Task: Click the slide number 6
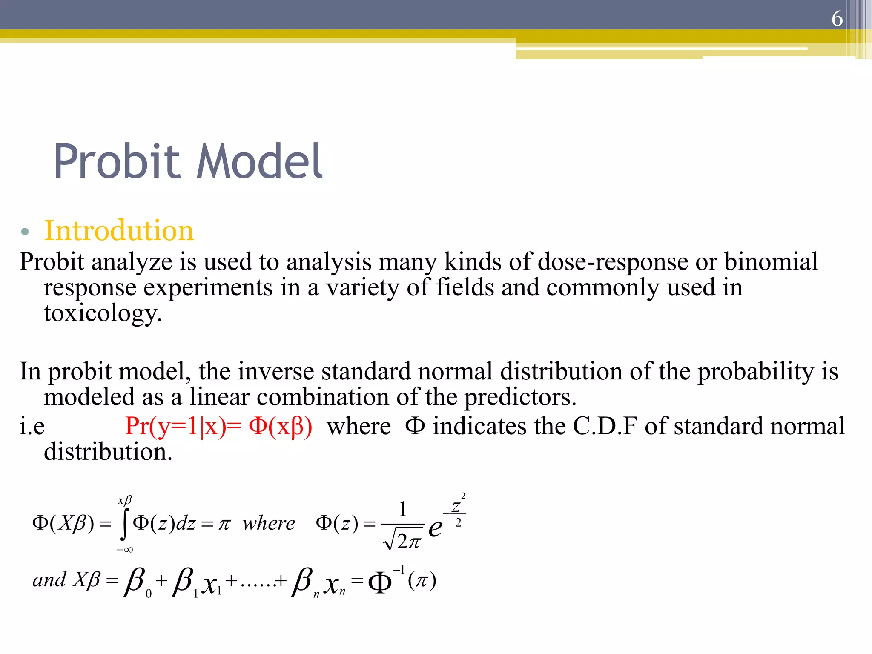pyautogui.click(x=837, y=19)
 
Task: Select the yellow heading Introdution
pyautogui.click(x=119, y=231)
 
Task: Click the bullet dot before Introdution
pyautogui.click(x=25, y=232)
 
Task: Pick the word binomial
pyautogui.click(x=771, y=261)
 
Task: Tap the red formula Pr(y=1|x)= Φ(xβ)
pyautogui.click(x=218, y=426)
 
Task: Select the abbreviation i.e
pyautogui.click(x=32, y=426)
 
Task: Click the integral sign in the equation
pyautogui.click(x=124, y=524)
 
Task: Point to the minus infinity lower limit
pyautogui.click(x=125, y=550)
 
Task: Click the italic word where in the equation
pyautogui.click(x=269, y=523)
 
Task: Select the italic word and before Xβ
pyautogui.click(x=49, y=580)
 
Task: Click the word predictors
pyautogui.click(x=520, y=397)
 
